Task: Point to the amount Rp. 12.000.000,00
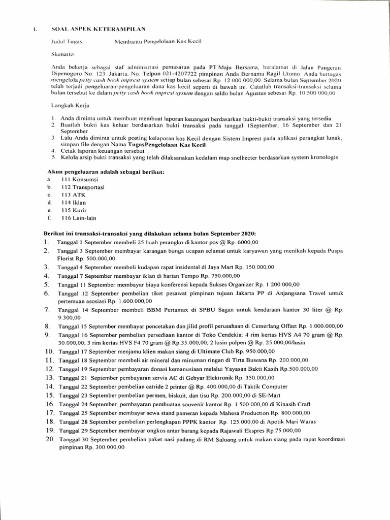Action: tap(237, 80)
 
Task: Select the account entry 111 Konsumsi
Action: tap(75, 179)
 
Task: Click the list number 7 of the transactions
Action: tap(47, 309)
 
